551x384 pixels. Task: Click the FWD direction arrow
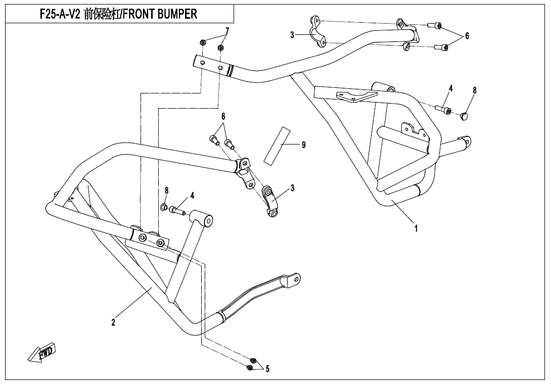42,352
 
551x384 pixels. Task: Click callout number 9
303,145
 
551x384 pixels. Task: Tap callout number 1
416,228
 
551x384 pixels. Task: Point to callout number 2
113,322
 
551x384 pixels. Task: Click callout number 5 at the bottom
267,369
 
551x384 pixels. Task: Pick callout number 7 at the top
227,31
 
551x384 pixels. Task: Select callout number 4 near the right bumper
450,88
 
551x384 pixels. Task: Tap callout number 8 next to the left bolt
166,190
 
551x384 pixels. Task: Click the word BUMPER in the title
174,14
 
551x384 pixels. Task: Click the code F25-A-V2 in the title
60,14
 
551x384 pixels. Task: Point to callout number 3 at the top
292,35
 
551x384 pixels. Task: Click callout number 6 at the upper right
467,36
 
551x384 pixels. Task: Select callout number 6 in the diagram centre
223,116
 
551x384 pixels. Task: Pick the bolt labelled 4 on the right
443,109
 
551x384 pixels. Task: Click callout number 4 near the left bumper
193,195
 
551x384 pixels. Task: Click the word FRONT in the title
133,14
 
